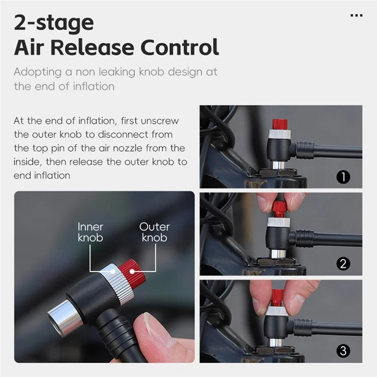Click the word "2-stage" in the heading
coord(54,23)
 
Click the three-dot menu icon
coord(356,16)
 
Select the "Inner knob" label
coord(90,232)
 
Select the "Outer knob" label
coord(154,232)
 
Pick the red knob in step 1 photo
coord(279,124)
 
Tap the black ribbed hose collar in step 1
coord(305,150)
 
